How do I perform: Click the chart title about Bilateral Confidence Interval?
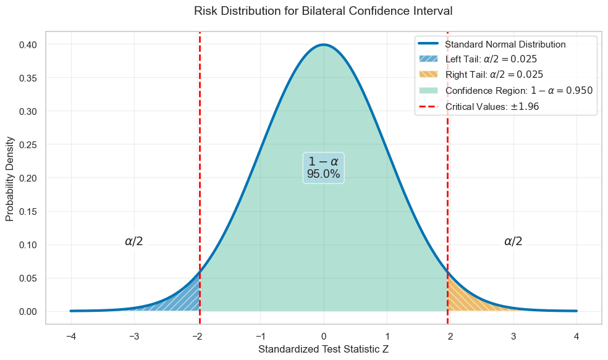point(323,10)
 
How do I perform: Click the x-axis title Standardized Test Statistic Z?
point(323,350)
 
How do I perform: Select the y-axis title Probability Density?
point(10,178)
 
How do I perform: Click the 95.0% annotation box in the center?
point(323,167)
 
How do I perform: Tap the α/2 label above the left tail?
point(134,241)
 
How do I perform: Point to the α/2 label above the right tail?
point(513,241)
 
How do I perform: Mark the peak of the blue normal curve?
point(324,45)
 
